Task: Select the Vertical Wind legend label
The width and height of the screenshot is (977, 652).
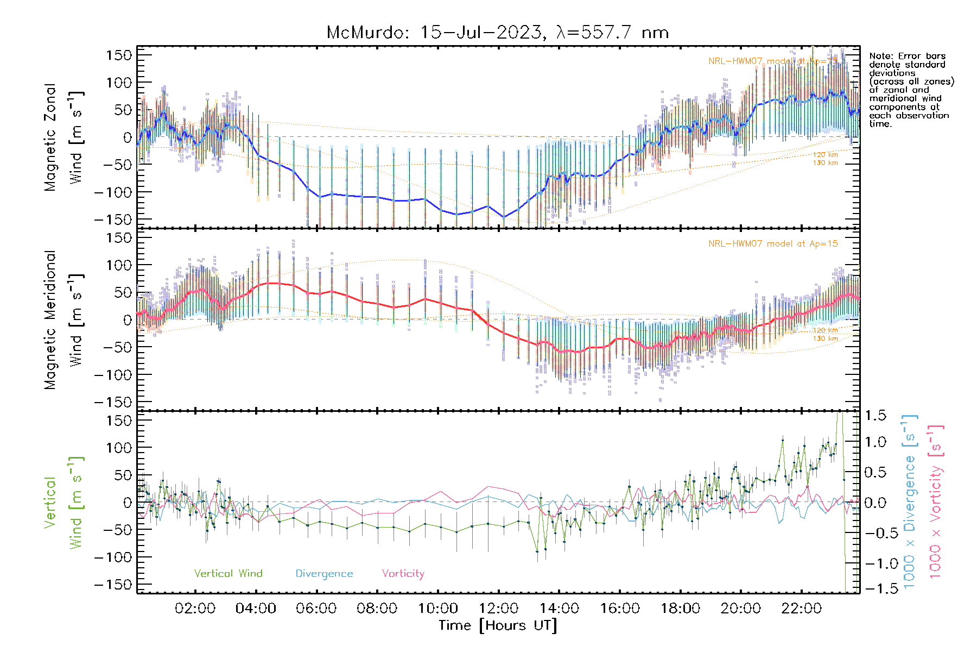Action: pyautogui.click(x=228, y=574)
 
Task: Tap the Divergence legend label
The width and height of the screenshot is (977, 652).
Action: pyautogui.click(x=324, y=574)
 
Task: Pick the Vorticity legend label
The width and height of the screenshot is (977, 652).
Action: pyautogui.click(x=403, y=574)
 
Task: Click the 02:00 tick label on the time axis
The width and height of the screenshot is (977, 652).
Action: pyautogui.click(x=195, y=609)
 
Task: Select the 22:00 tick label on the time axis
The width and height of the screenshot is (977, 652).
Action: pyautogui.click(x=801, y=609)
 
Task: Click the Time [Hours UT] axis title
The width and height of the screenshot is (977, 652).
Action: pyautogui.click(x=498, y=625)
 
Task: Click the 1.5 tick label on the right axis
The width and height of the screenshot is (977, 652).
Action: pyautogui.click(x=875, y=416)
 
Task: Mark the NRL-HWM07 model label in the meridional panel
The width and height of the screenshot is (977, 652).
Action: pyautogui.click(x=773, y=244)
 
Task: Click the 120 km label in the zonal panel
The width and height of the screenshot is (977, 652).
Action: pyautogui.click(x=825, y=155)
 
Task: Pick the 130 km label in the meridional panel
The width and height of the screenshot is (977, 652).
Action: pyautogui.click(x=825, y=338)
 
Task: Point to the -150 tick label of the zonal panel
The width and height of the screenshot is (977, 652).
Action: pyautogui.click(x=113, y=220)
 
